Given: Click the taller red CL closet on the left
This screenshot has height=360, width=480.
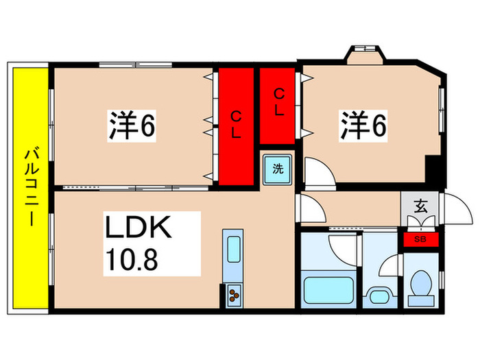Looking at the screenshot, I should coord(235,125).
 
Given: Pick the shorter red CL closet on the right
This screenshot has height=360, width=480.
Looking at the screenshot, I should coord(279,105).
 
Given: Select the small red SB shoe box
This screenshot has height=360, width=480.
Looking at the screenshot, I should coord(418,239).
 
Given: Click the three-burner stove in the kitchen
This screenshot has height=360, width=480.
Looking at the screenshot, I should coord(235,296).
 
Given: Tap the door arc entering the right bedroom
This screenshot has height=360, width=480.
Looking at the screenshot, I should coord(317,171).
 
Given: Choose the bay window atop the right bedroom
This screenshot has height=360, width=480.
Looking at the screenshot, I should coord(363,53).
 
